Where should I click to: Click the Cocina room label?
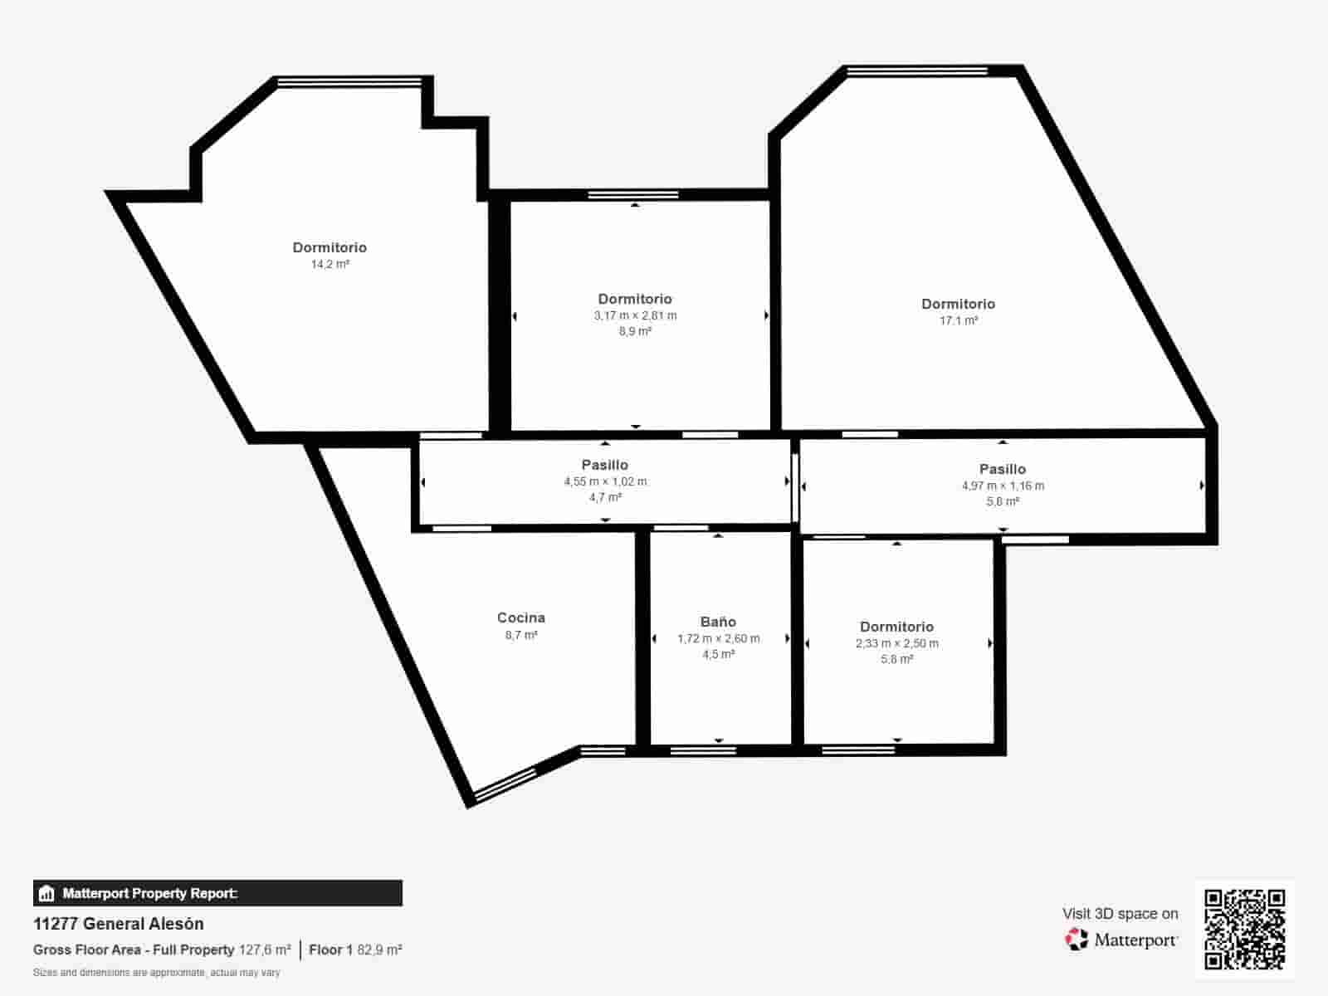(x=521, y=618)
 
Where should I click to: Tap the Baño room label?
(x=718, y=622)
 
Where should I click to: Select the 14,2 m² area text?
(x=330, y=265)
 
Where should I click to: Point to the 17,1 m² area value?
(x=959, y=320)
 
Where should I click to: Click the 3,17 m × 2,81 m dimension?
(x=635, y=315)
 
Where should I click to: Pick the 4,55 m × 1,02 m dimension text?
(x=605, y=481)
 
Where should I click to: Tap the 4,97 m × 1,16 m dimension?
(x=1003, y=486)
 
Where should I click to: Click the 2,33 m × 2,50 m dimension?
(x=897, y=643)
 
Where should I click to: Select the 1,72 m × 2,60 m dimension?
(x=718, y=638)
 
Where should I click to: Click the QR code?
(x=1245, y=930)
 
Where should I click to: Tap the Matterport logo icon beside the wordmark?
(x=1077, y=940)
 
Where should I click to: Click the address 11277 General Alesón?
(x=119, y=924)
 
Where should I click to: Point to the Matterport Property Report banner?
(x=217, y=893)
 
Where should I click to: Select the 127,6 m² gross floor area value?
(x=265, y=950)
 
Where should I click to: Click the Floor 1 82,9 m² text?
(x=355, y=950)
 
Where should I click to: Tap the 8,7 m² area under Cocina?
(x=521, y=635)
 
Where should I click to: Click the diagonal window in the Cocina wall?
(x=505, y=784)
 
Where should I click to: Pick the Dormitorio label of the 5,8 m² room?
(x=896, y=627)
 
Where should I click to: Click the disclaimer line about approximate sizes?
(x=157, y=972)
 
